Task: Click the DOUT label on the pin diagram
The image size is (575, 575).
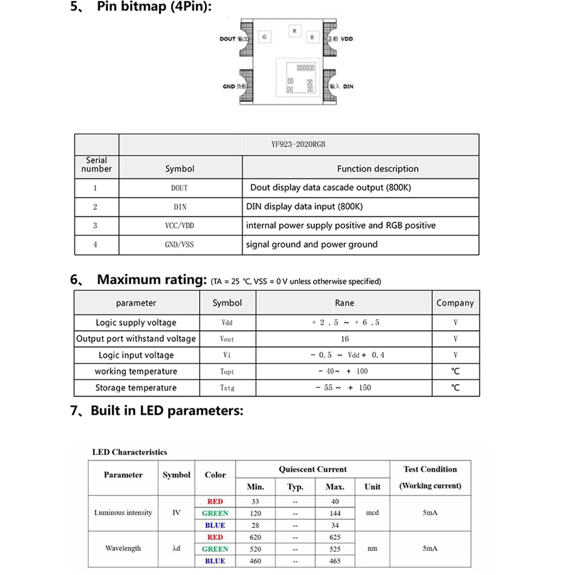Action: pyautogui.click(x=228, y=39)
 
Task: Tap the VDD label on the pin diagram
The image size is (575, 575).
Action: pyautogui.click(x=347, y=39)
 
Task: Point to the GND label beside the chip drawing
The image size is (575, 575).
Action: pyautogui.click(x=229, y=87)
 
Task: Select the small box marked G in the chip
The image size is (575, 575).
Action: pyautogui.click(x=264, y=37)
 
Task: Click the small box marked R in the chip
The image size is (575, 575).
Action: pyautogui.click(x=295, y=31)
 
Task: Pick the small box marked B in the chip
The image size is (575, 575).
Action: pyautogui.click(x=312, y=37)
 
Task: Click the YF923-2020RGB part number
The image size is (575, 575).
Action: pyautogui.click(x=298, y=144)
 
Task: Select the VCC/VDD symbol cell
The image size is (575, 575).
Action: pyautogui.click(x=179, y=226)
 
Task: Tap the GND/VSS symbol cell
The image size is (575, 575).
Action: pyautogui.click(x=179, y=245)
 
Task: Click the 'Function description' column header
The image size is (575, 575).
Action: pyautogui.click(x=377, y=168)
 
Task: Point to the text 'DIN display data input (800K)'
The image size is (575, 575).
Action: pyautogui.click(x=304, y=206)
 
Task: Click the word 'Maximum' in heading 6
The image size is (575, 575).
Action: pyautogui.click(x=129, y=280)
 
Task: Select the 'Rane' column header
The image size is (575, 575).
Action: pyautogui.click(x=344, y=303)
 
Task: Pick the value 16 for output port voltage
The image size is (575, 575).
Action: pyautogui.click(x=345, y=339)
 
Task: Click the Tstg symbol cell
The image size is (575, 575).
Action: pyautogui.click(x=227, y=388)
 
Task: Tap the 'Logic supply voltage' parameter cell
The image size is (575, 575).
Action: pyautogui.click(x=136, y=322)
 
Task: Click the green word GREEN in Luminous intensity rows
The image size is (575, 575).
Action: pyautogui.click(x=215, y=513)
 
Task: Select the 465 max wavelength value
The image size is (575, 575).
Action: pyautogui.click(x=335, y=561)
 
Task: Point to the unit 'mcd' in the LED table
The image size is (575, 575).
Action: pyautogui.click(x=372, y=513)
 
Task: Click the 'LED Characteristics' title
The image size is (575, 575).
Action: pyautogui.click(x=130, y=452)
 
